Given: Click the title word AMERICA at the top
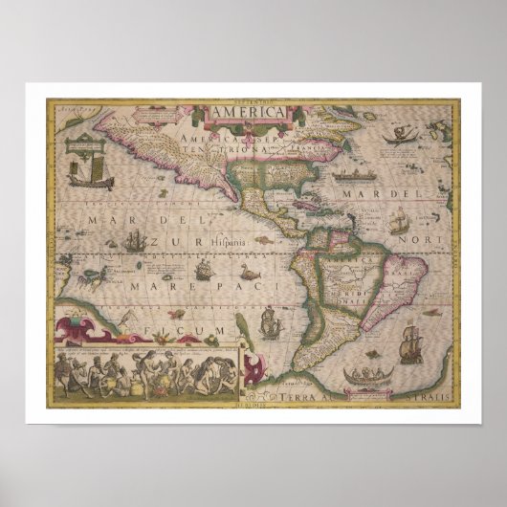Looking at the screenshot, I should pos(247,113).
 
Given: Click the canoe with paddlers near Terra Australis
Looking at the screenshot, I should pos(370,375).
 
